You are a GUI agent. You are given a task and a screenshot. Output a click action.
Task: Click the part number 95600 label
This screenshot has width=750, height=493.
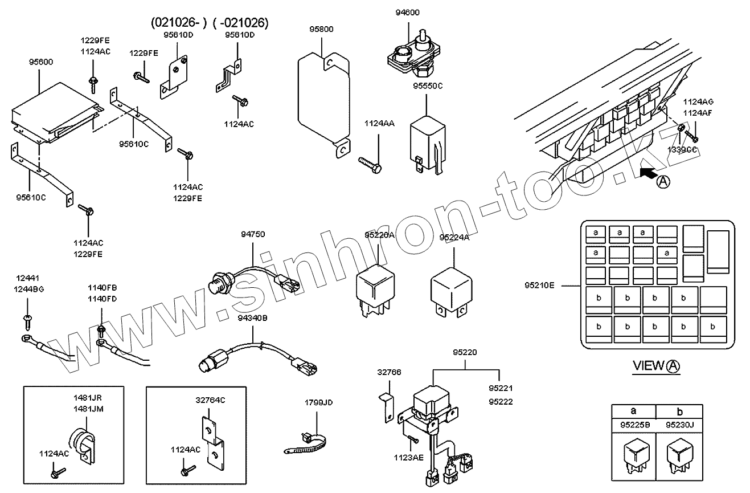click(41, 62)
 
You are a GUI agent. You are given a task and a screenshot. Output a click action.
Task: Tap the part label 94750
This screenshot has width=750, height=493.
click(252, 234)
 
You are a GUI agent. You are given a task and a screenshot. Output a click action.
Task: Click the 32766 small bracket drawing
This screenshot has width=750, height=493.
click(387, 406)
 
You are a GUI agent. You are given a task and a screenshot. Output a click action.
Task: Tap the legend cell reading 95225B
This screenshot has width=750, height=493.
click(633, 425)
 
